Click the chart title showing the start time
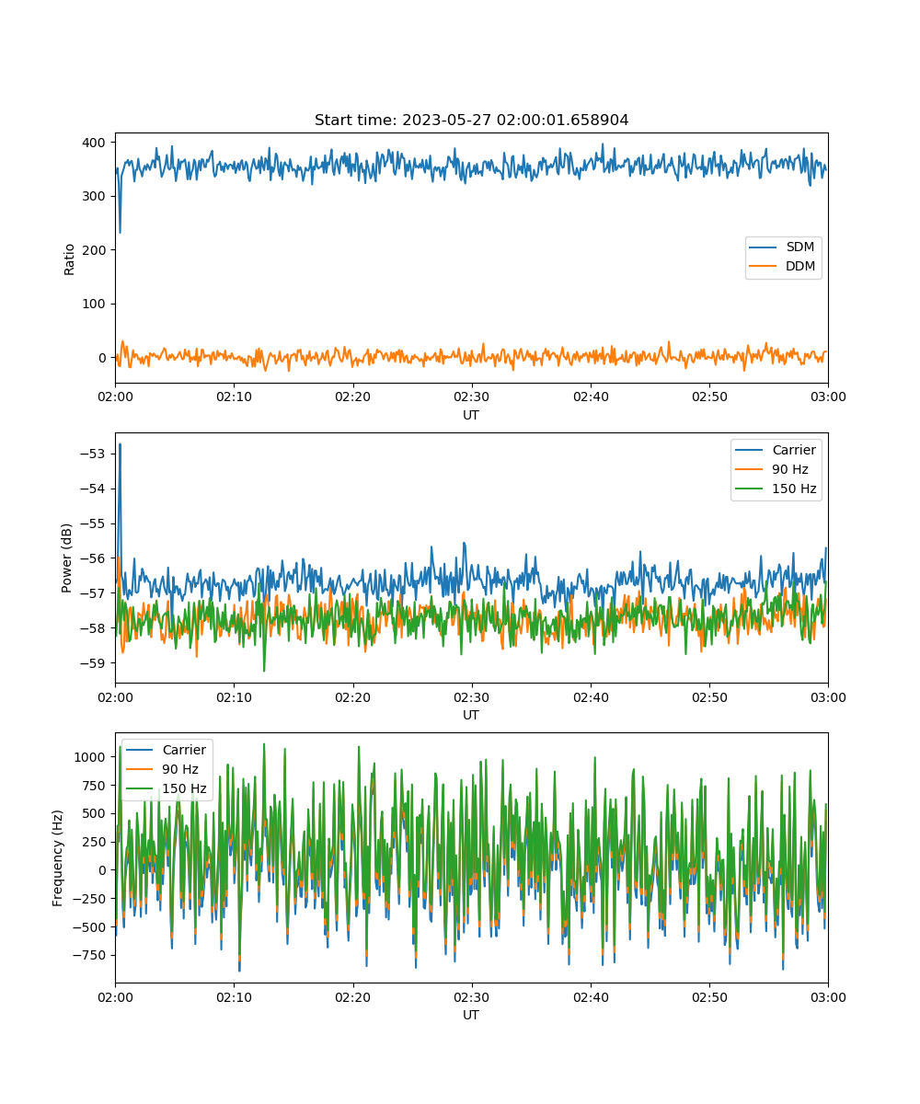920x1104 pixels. click(x=471, y=120)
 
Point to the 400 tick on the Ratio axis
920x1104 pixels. click(x=94, y=143)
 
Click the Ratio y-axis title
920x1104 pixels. click(x=69, y=259)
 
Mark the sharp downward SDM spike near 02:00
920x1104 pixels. click(x=120, y=232)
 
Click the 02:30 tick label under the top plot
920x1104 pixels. click(x=471, y=397)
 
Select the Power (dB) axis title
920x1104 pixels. click(x=66, y=558)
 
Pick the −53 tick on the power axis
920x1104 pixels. click(x=93, y=454)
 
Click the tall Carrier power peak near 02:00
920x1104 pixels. click(x=120, y=444)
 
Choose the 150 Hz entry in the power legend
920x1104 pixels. click(x=776, y=489)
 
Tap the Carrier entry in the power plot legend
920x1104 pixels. click(x=776, y=450)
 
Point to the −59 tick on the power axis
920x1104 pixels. click(x=93, y=663)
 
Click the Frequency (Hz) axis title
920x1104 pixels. click(x=57, y=857)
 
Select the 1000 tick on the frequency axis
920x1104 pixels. click(x=89, y=757)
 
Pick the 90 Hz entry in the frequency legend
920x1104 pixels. click(x=162, y=769)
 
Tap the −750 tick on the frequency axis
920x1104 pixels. click(x=89, y=955)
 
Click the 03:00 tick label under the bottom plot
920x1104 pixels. click(x=828, y=997)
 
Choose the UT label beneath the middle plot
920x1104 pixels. click(x=470, y=715)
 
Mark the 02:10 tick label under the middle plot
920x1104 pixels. click(x=234, y=696)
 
